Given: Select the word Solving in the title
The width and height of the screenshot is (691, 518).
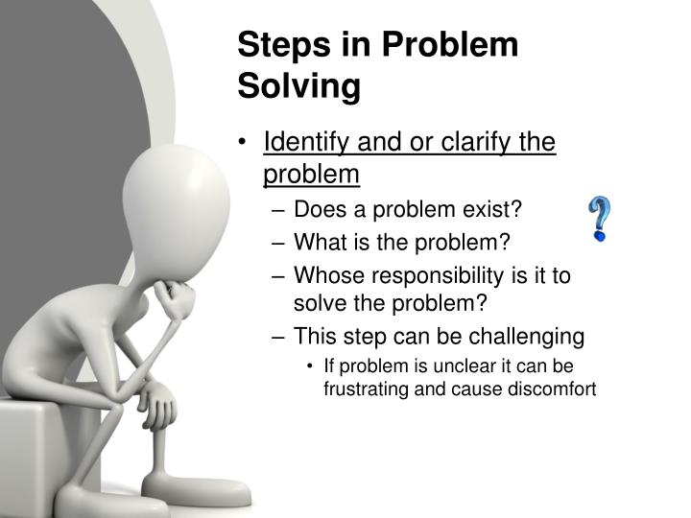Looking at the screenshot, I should click(x=298, y=86).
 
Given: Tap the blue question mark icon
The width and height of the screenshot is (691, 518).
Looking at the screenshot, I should click(x=600, y=219).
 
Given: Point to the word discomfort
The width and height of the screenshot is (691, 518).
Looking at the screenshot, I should click(x=550, y=389).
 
